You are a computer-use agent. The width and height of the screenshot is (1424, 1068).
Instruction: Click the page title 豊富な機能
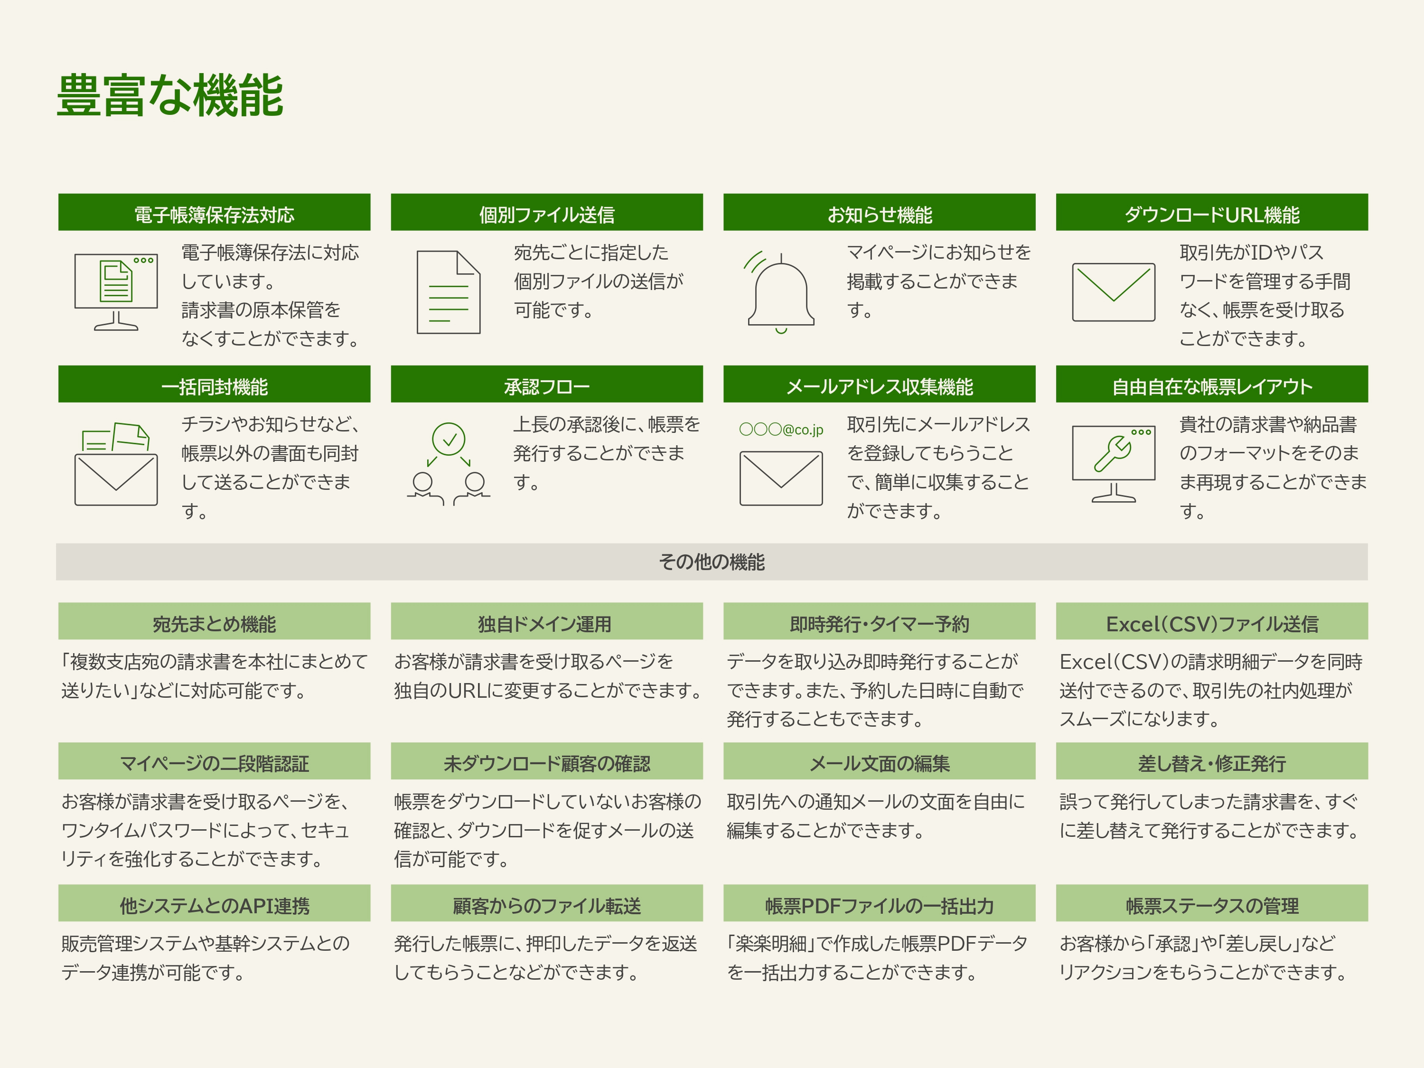[x=170, y=95]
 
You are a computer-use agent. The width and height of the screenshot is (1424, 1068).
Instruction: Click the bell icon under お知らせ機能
[x=781, y=293]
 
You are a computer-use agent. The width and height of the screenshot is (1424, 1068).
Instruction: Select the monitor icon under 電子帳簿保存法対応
[x=116, y=291]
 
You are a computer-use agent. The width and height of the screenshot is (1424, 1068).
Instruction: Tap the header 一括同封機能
[x=215, y=384]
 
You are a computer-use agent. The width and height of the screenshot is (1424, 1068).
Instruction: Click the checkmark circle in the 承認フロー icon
[x=449, y=440]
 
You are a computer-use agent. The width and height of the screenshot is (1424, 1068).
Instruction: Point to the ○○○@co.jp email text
[x=781, y=430]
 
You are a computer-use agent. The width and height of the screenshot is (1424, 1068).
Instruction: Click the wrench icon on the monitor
[x=1113, y=454]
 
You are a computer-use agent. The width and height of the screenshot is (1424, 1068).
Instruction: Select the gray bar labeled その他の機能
[x=712, y=562]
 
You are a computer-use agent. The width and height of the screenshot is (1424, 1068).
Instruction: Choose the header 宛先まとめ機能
[x=215, y=621]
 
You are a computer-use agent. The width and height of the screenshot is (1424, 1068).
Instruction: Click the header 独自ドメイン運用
[x=546, y=621]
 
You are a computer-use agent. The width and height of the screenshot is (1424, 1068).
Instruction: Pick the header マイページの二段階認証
[x=215, y=761]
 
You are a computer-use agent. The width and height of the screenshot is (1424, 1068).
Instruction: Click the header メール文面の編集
[x=880, y=761]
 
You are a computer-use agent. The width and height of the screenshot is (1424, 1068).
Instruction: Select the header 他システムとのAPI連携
[x=215, y=903]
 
